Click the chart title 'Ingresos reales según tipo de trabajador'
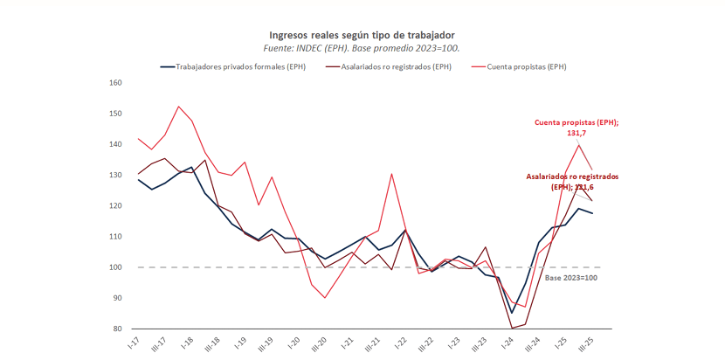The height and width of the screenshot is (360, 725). tap(362, 33)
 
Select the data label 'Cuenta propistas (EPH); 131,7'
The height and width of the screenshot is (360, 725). tap(576, 128)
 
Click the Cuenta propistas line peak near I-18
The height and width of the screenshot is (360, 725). tap(178, 107)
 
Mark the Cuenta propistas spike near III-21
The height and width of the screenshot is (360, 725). tap(391, 173)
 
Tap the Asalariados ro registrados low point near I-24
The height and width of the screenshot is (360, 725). tap(512, 329)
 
